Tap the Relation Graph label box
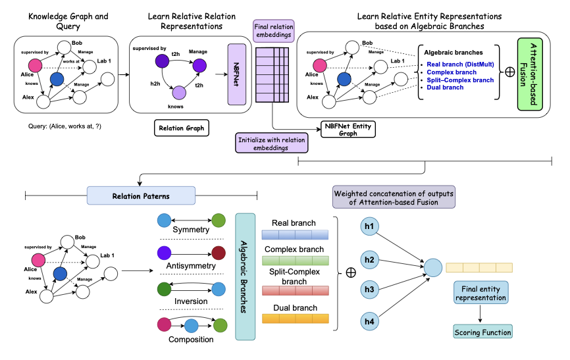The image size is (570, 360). [180, 127]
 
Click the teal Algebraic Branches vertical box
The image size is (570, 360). [245, 276]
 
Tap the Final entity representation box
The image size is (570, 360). [480, 292]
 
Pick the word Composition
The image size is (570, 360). [191, 340]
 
